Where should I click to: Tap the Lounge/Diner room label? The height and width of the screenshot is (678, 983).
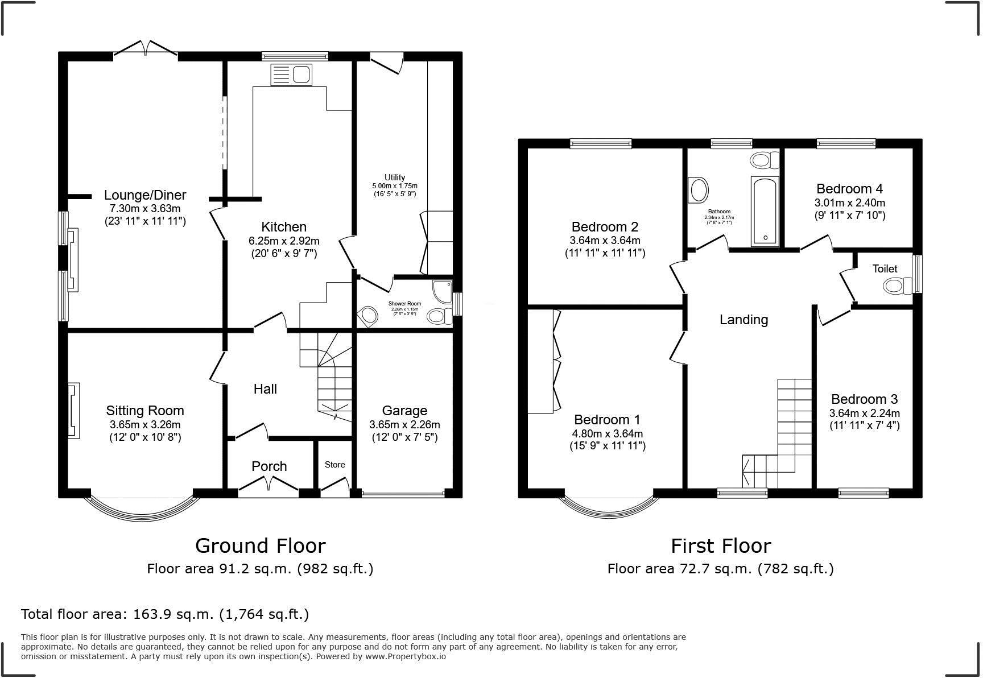coord(145,195)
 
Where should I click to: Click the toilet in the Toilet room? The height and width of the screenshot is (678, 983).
coord(897,286)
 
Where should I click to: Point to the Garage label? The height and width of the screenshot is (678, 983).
coord(404,411)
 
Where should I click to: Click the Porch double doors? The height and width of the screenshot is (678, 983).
coord(268,485)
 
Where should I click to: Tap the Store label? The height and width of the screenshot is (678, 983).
coord(334,465)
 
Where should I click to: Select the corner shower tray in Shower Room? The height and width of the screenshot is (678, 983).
coord(442,291)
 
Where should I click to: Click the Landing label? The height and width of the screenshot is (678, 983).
coord(744,320)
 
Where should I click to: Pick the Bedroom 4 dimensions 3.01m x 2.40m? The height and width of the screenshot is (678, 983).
coord(850,203)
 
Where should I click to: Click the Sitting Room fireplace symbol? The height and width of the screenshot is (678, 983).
coord(73,411)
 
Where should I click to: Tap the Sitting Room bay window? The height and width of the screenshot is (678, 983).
coord(142,511)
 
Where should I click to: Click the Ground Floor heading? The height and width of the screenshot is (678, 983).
coord(260,546)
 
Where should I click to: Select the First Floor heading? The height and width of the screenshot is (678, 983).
coord(720,546)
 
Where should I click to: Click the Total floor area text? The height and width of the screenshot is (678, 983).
coord(165,614)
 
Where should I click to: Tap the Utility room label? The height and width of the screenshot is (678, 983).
coord(394,177)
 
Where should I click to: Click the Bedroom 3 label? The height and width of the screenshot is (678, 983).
coord(864,399)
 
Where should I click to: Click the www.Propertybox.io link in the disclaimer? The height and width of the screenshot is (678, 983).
coord(405,656)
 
